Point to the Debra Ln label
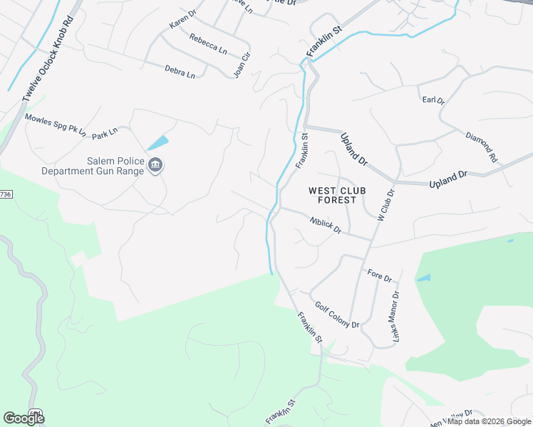[180, 71]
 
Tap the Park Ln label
[104, 133]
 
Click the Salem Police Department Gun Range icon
[155, 167]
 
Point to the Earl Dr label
[433, 101]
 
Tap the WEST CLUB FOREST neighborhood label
[331, 195]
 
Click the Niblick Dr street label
[326, 226]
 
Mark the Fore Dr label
[380, 275]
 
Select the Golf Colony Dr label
[337, 313]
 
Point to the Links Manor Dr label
[393, 315]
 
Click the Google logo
[24, 418]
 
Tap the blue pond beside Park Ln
[158, 143]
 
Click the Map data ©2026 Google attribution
[489, 421]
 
